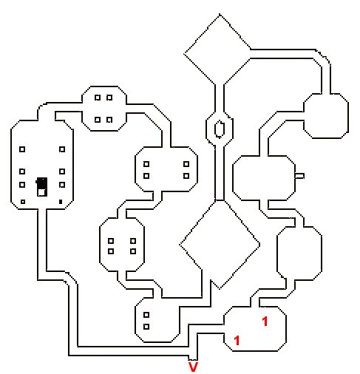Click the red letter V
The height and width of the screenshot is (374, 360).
point(193,367)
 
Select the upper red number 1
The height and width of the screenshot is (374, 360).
point(265,322)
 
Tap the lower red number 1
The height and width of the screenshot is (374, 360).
point(237,341)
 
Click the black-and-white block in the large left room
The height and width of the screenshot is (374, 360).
point(41,187)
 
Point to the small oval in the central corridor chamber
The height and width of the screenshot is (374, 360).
point(220,129)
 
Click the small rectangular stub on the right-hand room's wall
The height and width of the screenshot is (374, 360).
point(299,176)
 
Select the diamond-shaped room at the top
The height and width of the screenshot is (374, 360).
point(217,50)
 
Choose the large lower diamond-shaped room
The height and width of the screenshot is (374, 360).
point(220,244)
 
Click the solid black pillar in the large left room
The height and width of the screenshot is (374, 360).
point(61,202)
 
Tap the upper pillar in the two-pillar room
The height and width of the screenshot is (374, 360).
point(146,315)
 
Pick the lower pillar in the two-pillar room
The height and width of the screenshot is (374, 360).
point(146,327)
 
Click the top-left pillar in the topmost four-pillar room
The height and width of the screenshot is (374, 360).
point(98,98)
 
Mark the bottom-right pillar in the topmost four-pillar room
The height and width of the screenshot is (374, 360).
point(109,120)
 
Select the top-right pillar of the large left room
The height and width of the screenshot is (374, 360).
point(62,149)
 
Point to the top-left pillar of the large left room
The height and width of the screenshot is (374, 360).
point(22,149)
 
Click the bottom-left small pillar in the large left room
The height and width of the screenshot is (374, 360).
point(23,202)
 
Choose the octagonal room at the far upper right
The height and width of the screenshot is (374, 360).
point(326,116)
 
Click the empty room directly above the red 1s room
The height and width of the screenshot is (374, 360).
point(299,254)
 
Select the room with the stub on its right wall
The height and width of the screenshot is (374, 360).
point(264,178)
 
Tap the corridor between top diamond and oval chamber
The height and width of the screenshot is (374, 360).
point(220,98)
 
